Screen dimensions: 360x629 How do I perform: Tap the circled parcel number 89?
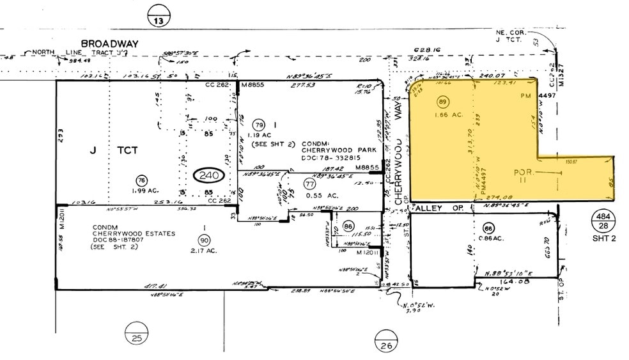[441, 102]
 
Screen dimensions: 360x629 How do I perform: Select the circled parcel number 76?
[142, 180]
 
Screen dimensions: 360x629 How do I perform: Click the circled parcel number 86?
[348, 226]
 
